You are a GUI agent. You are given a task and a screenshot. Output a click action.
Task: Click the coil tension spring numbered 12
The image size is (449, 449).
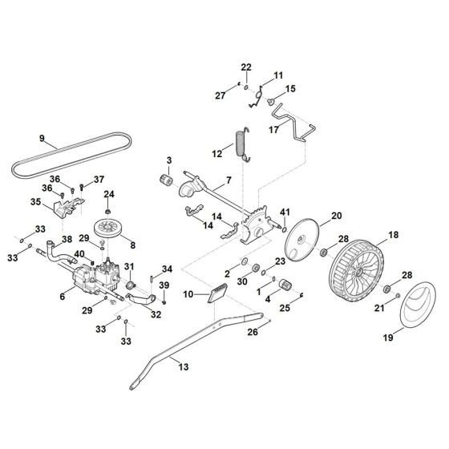tap(240, 144)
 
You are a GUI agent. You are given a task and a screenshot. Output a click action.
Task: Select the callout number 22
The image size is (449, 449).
tap(247, 67)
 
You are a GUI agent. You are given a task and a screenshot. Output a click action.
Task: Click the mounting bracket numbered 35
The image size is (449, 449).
tap(65, 207)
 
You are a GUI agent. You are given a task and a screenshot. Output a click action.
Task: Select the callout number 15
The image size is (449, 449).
tap(290, 89)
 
